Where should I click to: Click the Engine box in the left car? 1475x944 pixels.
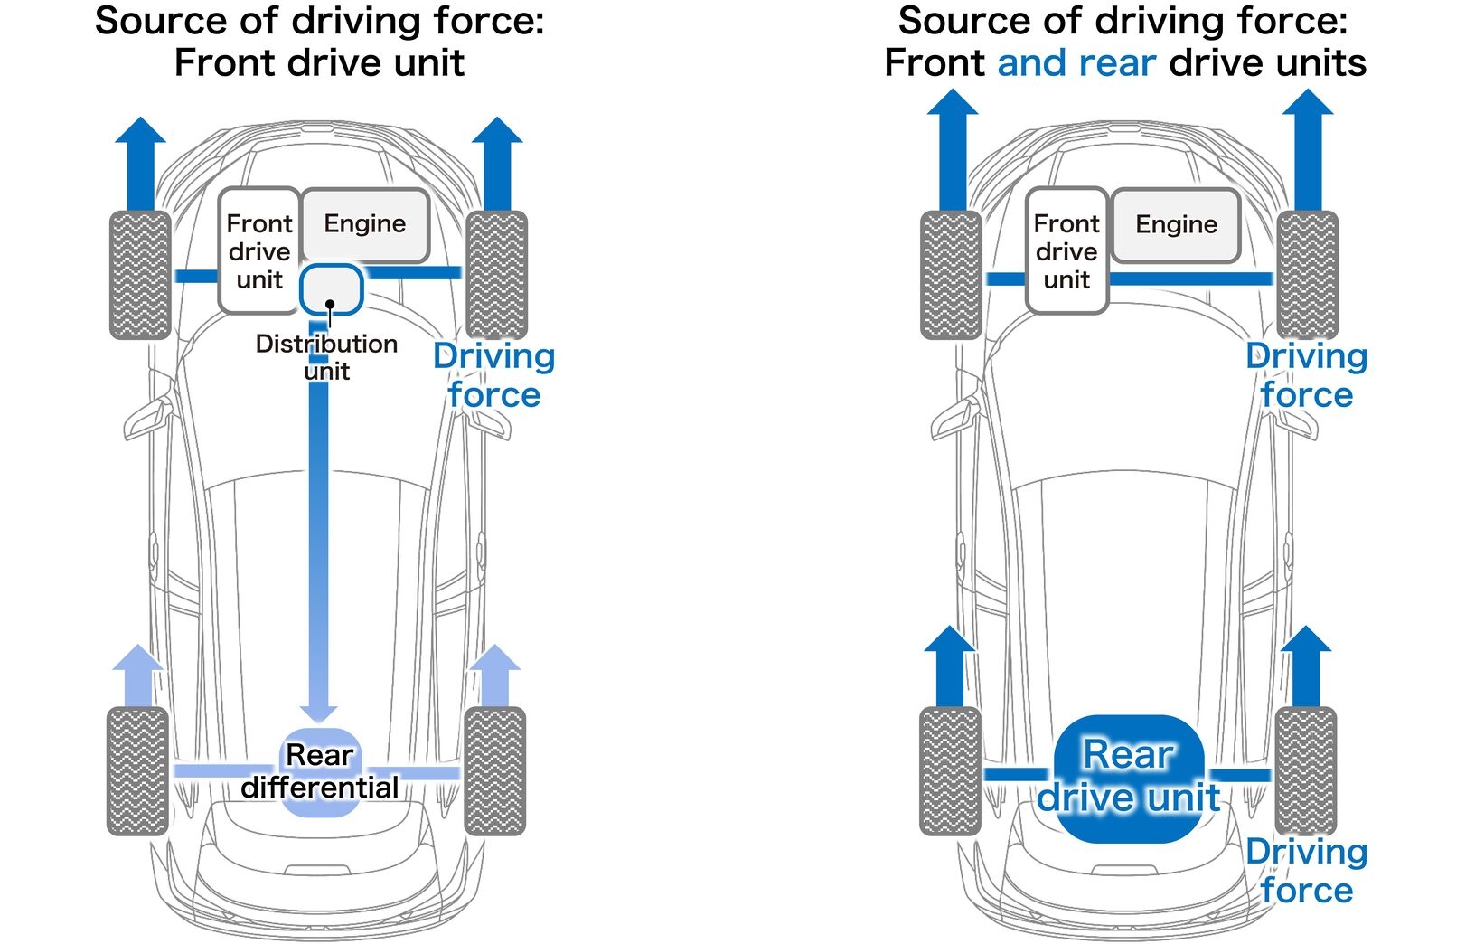(365, 224)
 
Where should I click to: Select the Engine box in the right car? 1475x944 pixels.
(1176, 225)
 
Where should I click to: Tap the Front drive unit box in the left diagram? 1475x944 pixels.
(259, 250)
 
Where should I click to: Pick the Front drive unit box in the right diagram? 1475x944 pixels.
(1066, 250)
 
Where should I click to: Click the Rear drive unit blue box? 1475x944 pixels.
(1129, 779)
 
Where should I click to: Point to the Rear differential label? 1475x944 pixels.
(320, 771)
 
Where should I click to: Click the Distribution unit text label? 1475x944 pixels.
(326, 357)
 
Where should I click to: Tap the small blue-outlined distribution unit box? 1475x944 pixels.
(332, 289)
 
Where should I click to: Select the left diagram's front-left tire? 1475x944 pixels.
(140, 275)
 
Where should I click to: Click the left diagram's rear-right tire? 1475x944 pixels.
(494, 770)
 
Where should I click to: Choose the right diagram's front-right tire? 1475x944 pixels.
(1307, 275)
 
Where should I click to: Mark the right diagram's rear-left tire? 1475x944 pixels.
(950, 770)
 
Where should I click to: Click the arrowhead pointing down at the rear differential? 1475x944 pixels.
(318, 713)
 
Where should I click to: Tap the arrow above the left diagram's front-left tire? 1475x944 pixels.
(140, 163)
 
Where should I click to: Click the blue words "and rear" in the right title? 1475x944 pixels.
(1076, 63)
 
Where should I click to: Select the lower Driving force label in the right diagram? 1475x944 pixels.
(1306, 870)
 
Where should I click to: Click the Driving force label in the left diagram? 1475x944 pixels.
(493, 375)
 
